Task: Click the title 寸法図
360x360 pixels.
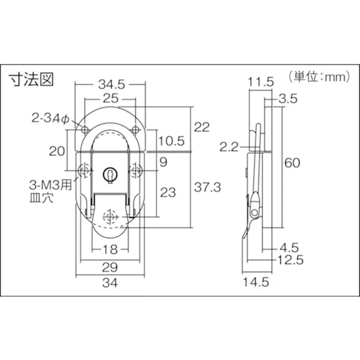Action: pos(31,80)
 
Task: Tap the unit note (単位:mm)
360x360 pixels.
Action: pos(320,77)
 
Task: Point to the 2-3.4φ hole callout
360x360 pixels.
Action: pos(49,119)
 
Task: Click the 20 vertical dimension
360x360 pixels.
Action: pos(57,150)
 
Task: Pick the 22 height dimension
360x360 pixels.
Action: pos(201,127)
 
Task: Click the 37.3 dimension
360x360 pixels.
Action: pos(208,187)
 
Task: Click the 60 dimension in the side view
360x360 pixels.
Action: pos(293,163)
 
